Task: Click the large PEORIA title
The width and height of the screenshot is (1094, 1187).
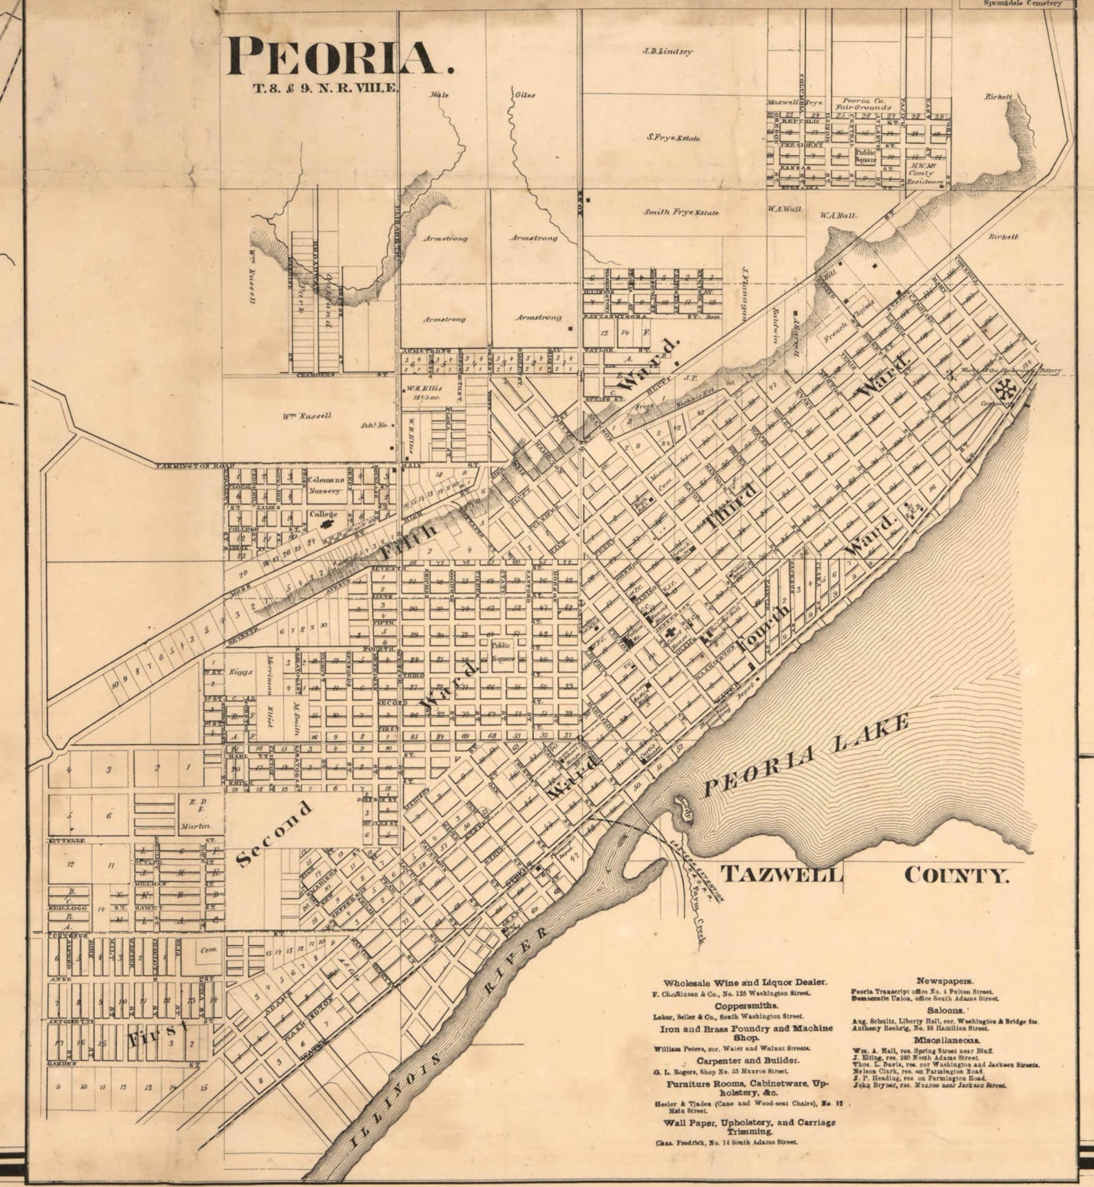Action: pyautogui.click(x=340, y=57)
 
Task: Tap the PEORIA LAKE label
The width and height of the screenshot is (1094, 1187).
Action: pyautogui.click(x=805, y=755)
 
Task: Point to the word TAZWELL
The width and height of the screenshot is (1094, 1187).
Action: pyautogui.click(x=781, y=875)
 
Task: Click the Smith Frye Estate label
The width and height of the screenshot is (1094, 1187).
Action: pyautogui.click(x=681, y=212)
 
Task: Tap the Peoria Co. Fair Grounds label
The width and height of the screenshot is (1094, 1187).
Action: pyautogui.click(x=863, y=103)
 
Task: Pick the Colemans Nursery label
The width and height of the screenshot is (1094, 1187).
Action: pyautogui.click(x=325, y=485)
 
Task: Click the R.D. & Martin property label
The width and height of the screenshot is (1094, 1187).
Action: pyautogui.click(x=194, y=813)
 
